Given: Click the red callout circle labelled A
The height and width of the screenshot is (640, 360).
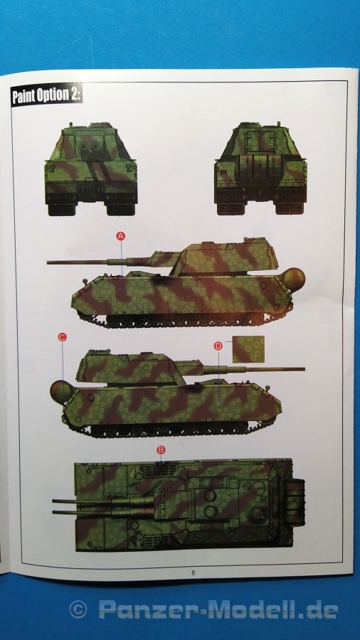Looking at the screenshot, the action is pyautogui.click(x=120, y=236).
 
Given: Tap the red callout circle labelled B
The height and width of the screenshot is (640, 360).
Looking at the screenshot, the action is pyautogui.click(x=162, y=450).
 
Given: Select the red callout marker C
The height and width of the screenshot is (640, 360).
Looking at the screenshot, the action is pyautogui.click(x=62, y=337).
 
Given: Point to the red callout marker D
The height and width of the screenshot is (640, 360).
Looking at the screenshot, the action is pyautogui.click(x=218, y=346).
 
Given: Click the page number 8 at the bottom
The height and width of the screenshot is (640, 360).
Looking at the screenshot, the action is pyautogui.click(x=193, y=572).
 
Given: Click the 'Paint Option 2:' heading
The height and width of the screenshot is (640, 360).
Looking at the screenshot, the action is pyautogui.click(x=46, y=95).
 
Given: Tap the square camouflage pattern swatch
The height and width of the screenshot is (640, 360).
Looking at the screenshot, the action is pyautogui.click(x=248, y=349).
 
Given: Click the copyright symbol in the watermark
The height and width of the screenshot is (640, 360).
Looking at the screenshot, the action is pyautogui.click(x=78, y=610).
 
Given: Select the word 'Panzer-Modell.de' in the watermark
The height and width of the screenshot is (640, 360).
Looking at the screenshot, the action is pyautogui.click(x=218, y=610).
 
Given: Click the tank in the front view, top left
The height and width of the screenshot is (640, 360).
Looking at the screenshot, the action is pyautogui.click(x=90, y=169).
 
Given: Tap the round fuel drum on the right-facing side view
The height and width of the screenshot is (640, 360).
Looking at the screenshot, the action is pyautogui.click(x=62, y=392).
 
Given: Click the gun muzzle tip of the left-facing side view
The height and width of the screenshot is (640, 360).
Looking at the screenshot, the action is pyautogui.click(x=48, y=262).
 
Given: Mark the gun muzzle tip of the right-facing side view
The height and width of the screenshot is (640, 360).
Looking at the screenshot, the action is pyautogui.click(x=304, y=369).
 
